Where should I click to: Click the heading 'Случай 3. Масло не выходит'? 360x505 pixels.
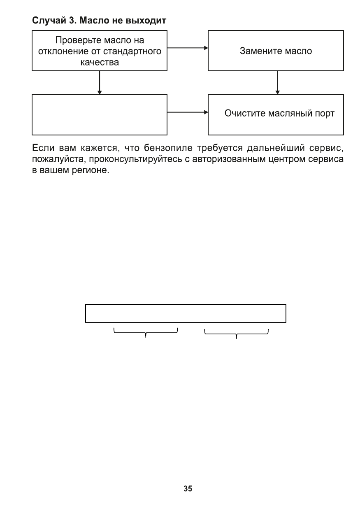pyautogui.click(x=99, y=20)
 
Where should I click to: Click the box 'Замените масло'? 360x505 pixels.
pyautogui.click(x=276, y=51)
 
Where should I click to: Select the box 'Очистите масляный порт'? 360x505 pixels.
pyautogui.click(x=276, y=114)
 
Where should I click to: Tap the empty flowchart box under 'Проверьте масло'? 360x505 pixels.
pyautogui.click(x=100, y=115)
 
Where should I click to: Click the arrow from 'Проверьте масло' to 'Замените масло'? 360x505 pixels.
pyautogui.click(x=188, y=48)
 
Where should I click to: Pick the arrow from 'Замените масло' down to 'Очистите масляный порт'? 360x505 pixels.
pyautogui.click(x=278, y=83)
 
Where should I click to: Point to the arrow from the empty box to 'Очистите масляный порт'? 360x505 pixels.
pyautogui.click(x=188, y=112)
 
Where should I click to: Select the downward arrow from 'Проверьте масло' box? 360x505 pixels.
pyautogui.click(x=100, y=83)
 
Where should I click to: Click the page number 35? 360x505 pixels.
pyautogui.click(x=188, y=489)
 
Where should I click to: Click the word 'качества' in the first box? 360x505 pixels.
pyautogui.click(x=100, y=63)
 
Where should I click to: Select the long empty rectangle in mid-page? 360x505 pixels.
pyautogui.click(x=186, y=314)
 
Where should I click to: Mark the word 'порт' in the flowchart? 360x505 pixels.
pyautogui.click(x=325, y=114)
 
